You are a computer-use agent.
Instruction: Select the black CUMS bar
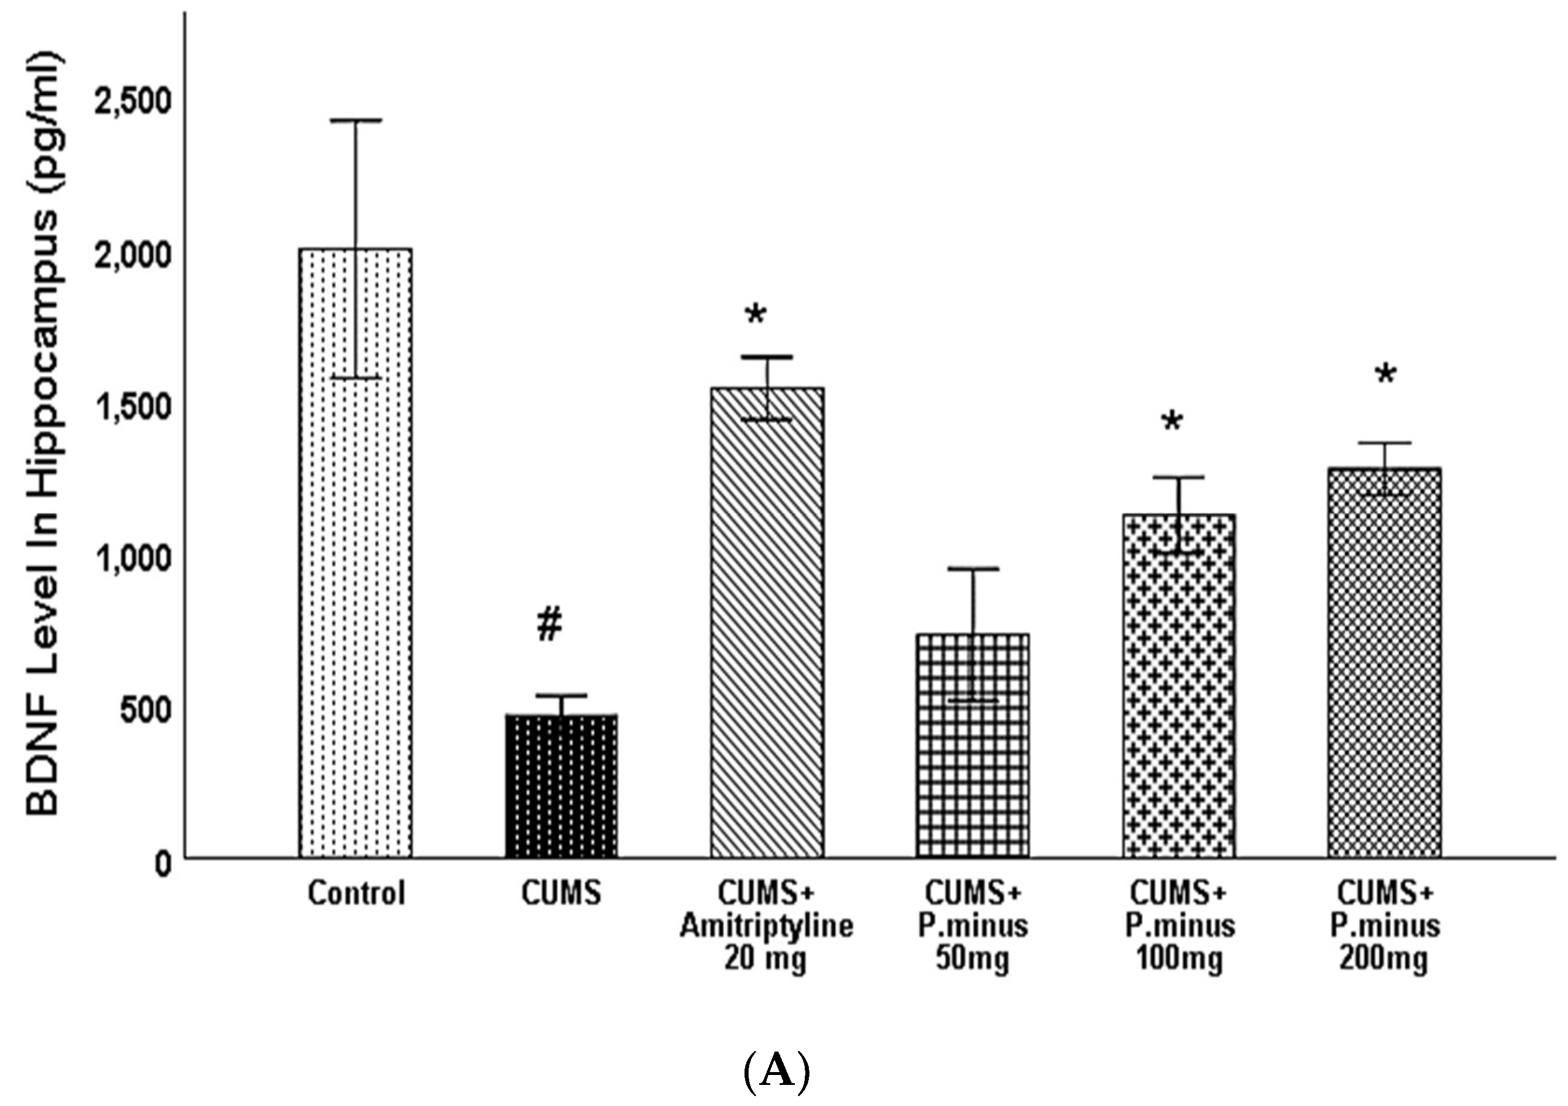pyautogui.click(x=561, y=785)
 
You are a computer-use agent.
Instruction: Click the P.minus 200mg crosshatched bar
pyautogui.click(x=1384, y=662)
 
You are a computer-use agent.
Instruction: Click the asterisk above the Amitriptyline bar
pyautogui.click(x=755, y=315)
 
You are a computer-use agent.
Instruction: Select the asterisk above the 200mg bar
pyautogui.click(x=1386, y=375)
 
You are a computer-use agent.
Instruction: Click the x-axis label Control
pyautogui.click(x=356, y=893)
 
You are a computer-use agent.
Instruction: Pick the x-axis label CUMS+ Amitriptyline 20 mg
pyautogui.click(x=766, y=926)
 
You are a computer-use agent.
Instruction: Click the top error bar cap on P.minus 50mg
pyautogui.click(x=973, y=568)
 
